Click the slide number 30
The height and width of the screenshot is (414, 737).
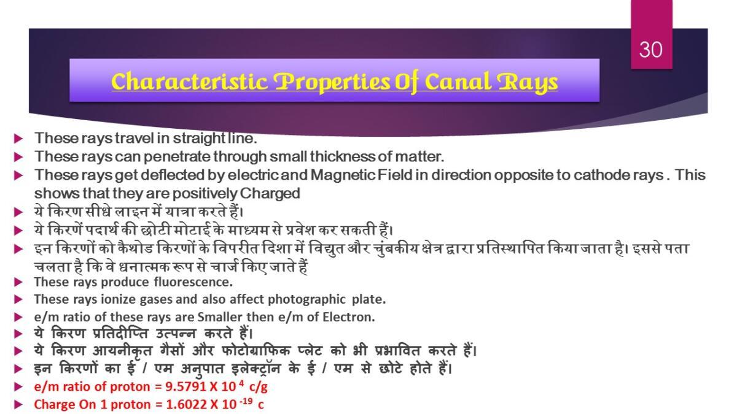651,50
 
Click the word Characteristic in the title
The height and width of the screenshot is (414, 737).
190,82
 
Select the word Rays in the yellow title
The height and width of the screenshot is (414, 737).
528,83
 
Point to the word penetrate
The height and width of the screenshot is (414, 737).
177,157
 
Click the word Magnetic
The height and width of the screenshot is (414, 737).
343,175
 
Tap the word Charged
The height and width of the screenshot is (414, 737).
270,194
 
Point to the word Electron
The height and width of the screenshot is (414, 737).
349,317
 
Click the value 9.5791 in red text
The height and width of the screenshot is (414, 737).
185,387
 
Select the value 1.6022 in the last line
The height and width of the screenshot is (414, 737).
186,404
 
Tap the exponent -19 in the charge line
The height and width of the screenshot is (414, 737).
244,401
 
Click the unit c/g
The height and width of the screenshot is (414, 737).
259,388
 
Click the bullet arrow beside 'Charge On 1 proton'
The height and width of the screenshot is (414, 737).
18,404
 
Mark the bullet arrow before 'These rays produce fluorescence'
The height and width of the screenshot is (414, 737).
18,282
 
